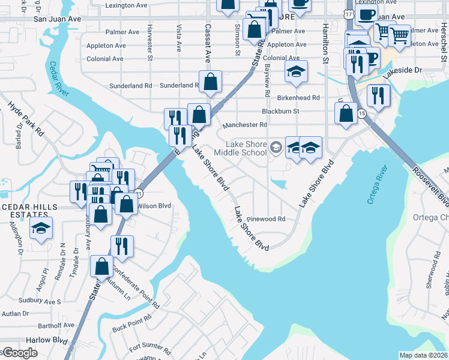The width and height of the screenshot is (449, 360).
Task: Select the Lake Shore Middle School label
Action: pos(246,148)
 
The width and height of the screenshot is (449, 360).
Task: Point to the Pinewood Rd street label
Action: pos(265,219)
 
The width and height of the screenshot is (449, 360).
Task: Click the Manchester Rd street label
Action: pos(244,125)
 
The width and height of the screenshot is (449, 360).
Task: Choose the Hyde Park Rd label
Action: pos(26,117)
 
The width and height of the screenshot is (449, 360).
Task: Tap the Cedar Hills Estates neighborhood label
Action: pos(29,211)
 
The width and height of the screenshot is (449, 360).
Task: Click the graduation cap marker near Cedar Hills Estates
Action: pos(41,229)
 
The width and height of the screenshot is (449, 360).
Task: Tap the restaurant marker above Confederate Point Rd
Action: pos(122,246)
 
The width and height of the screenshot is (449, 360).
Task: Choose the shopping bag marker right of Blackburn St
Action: pos(346,114)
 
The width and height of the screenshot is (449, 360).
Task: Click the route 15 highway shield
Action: pos(361,113)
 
